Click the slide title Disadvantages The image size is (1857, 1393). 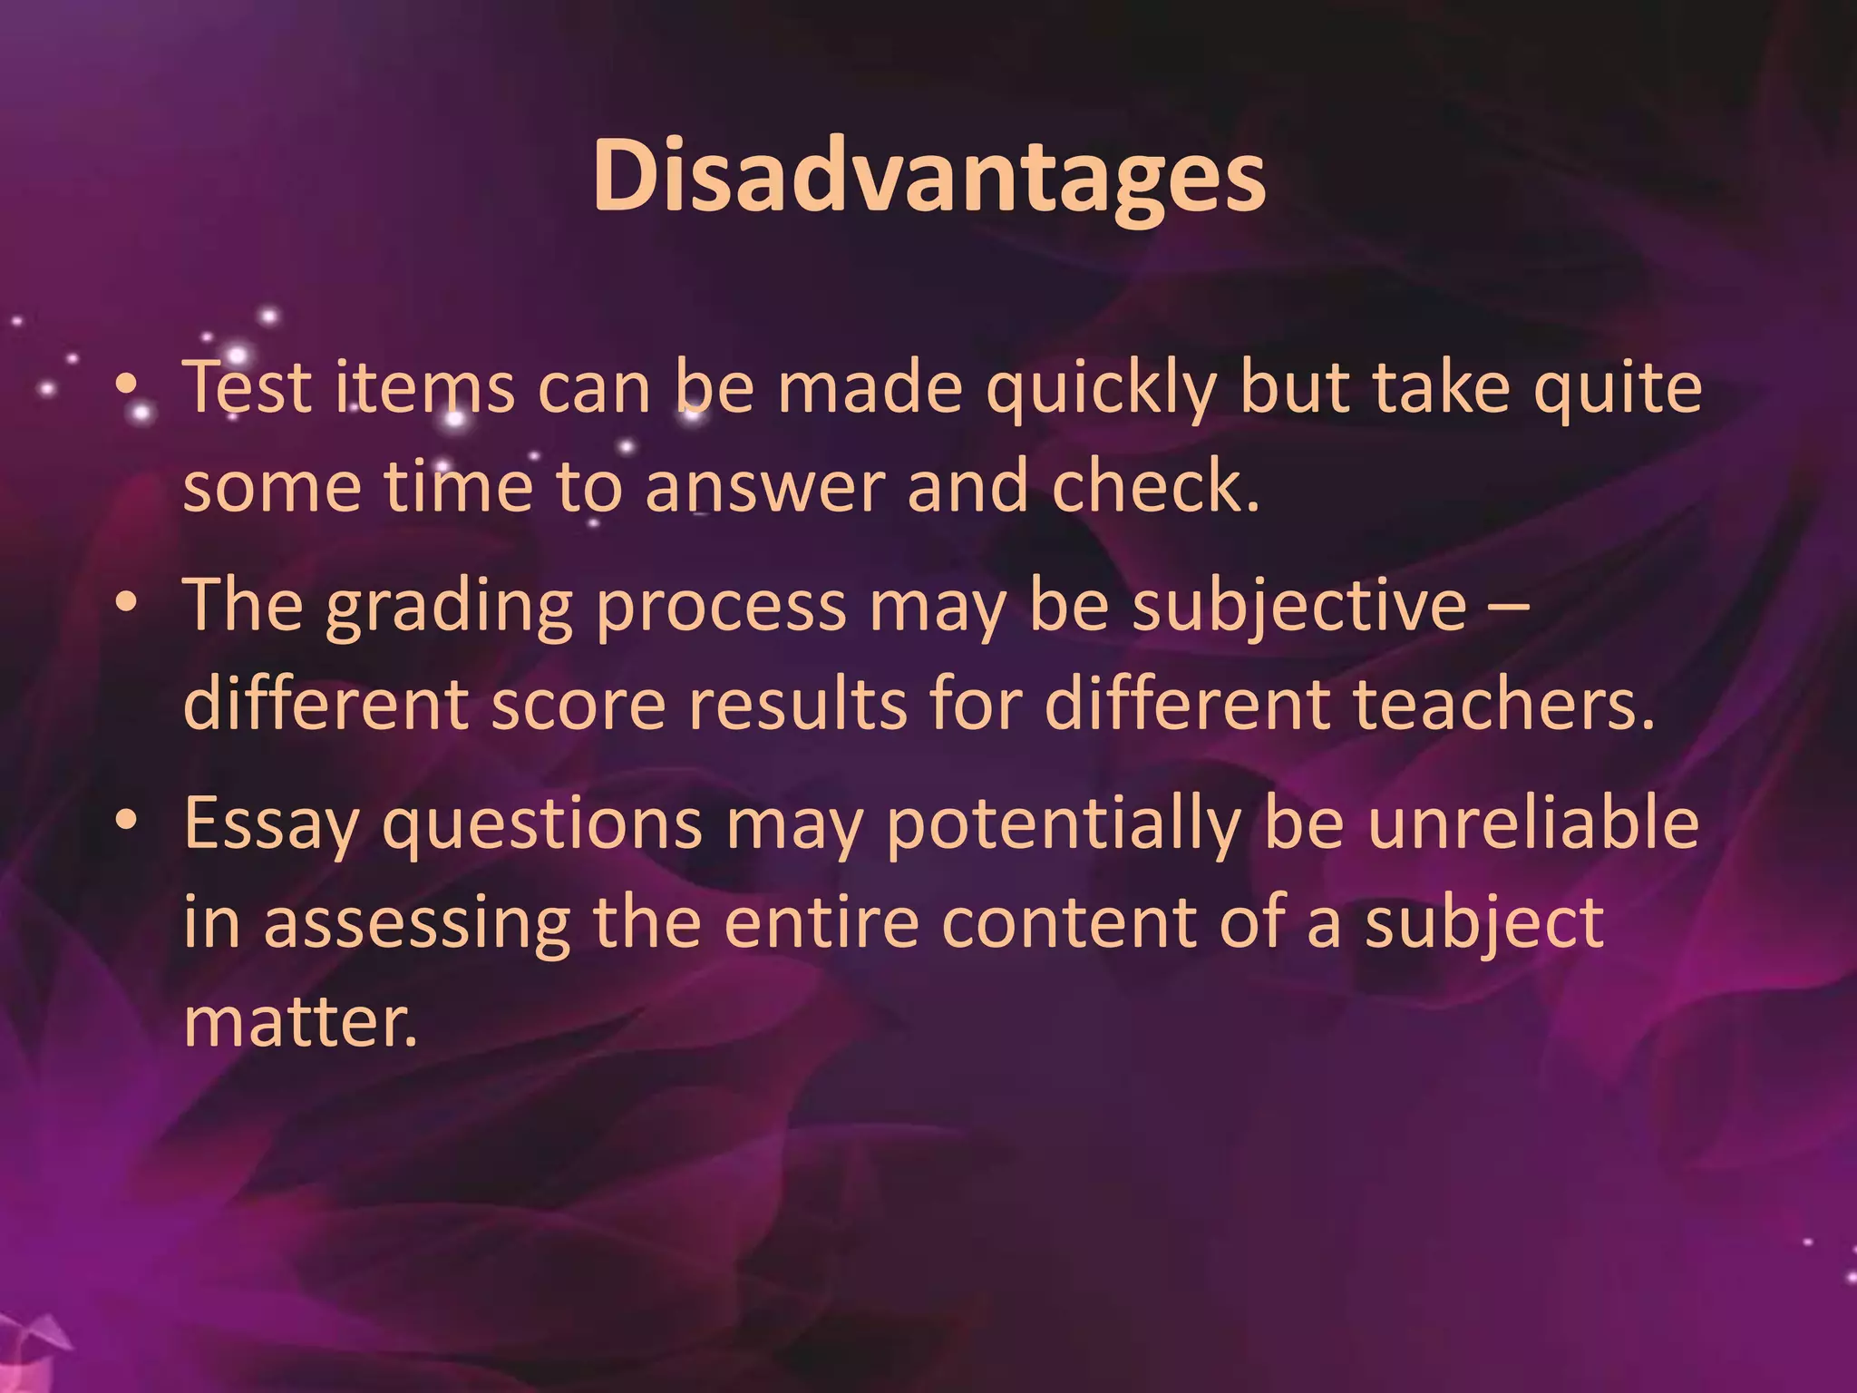coord(928,177)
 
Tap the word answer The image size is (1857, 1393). coord(764,488)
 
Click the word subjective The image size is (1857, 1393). coord(1298,606)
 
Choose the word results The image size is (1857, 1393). coord(797,706)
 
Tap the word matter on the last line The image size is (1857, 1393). coord(300,1023)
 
